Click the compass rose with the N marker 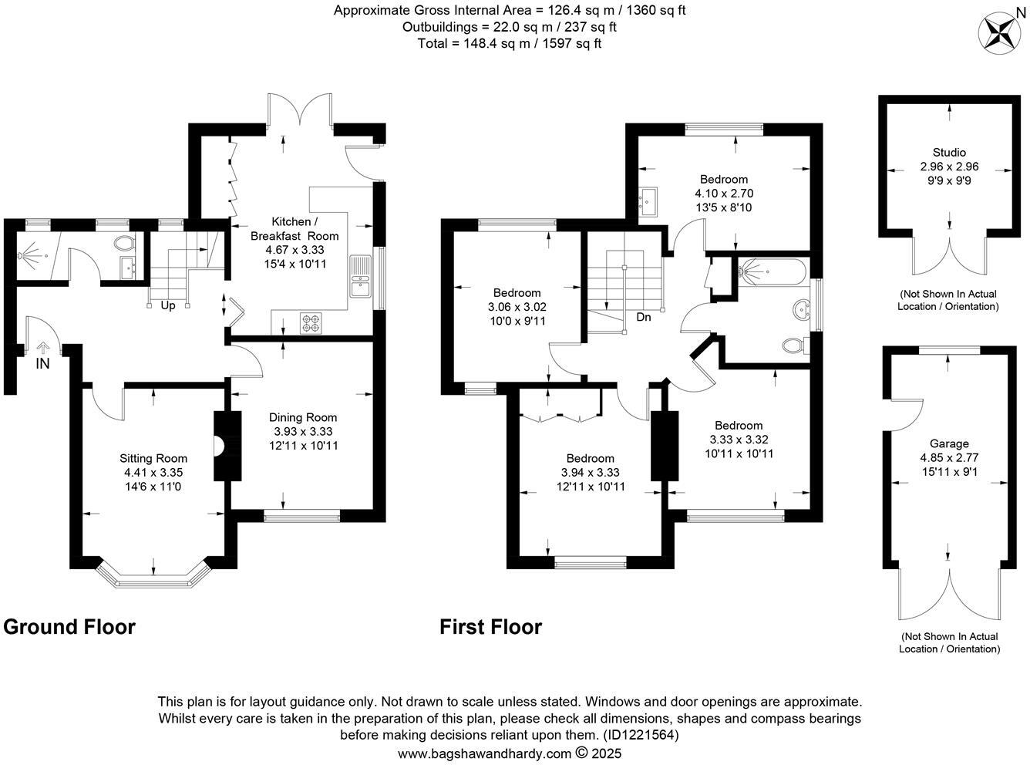click(x=1000, y=32)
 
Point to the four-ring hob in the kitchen click(x=310, y=322)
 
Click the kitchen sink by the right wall click(x=360, y=277)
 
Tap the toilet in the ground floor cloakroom click(x=123, y=244)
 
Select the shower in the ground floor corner click(x=32, y=252)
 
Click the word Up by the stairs click(x=167, y=305)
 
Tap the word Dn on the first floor click(x=643, y=317)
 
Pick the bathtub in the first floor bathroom click(x=772, y=271)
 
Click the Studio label click(x=948, y=153)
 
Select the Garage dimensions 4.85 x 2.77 click(x=949, y=457)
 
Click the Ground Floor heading click(x=69, y=627)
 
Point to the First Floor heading click(x=490, y=627)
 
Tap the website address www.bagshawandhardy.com click(x=484, y=753)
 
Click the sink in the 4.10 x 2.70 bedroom click(x=648, y=202)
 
